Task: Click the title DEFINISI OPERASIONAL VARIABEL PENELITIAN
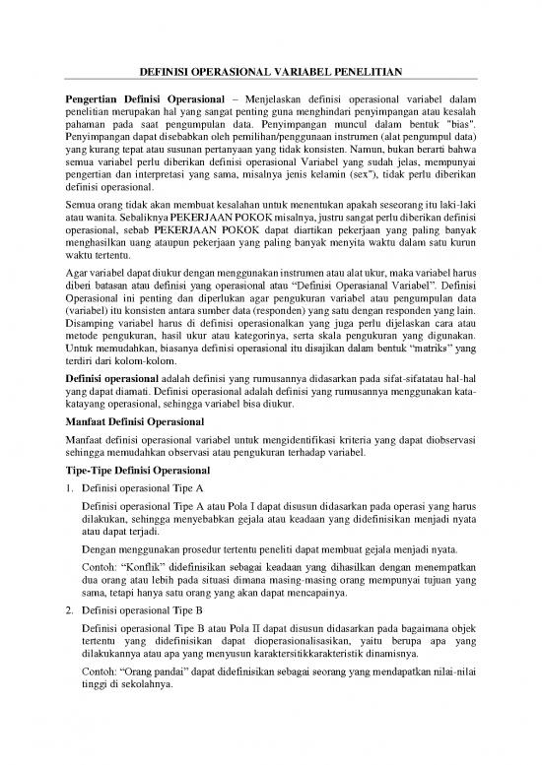(271, 72)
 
